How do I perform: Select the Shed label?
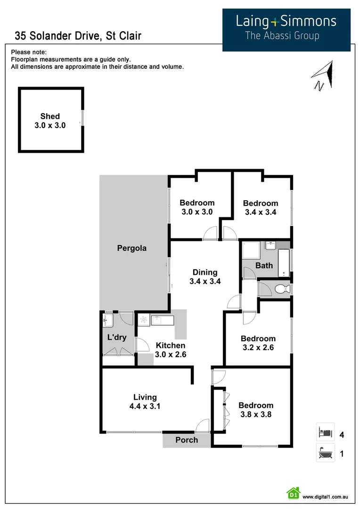point(50,116)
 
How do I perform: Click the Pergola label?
point(132,248)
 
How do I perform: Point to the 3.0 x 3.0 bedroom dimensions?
point(197,212)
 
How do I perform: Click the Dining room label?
point(205,272)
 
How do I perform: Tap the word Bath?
point(264,265)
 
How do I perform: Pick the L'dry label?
point(117,337)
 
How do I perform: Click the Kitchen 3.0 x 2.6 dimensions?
point(171,355)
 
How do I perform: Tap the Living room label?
point(145,397)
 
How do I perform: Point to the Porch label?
point(187,440)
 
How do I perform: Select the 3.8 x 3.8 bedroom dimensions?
point(255,415)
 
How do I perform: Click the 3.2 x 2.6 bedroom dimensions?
point(258,348)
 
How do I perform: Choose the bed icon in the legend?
point(325,432)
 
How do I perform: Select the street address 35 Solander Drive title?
point(78,36)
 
